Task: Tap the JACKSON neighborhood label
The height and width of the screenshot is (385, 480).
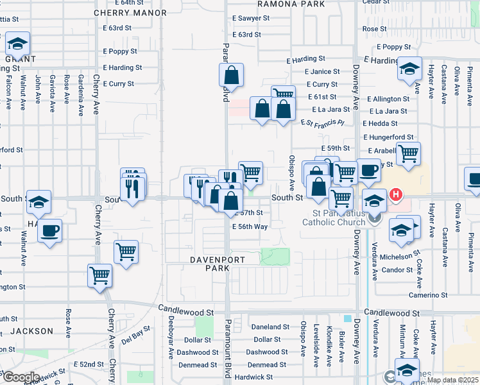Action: point(32,331)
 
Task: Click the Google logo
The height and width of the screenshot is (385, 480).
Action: point(21,377)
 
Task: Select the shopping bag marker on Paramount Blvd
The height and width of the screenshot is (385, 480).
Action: point(232,76)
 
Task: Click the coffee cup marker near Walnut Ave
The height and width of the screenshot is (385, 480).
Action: point(49,230)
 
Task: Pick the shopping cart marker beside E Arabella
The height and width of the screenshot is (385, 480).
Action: point(407,154)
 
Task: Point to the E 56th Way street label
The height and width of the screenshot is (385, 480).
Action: point(250,227)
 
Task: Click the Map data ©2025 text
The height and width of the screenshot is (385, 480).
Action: point(452,381)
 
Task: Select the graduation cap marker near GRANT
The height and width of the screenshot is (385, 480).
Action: point(17,44)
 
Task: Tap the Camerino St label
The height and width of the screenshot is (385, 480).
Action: point(429,295)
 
